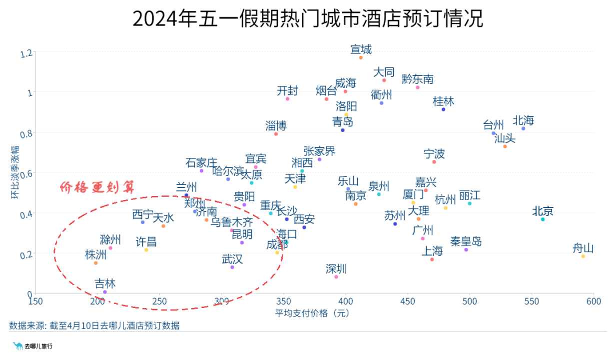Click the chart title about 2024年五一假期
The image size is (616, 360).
pyautogui.click(x=308, y=19)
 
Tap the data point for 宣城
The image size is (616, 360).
pyautogui.click(x=361, y=58)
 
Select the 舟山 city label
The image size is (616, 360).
pyautogui.click(x=583, y=248)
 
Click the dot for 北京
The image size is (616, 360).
pyautogui.click(x=543, y=219)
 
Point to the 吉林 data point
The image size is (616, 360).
pyautogui.click(x=105, y=292)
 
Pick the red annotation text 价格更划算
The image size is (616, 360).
pyautogui.click(x=97, y=187)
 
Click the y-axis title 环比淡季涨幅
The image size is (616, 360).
pyautogui.click(x=15, y=172)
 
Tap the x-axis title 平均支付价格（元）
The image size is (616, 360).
pyautogui.click(x=312, y=313)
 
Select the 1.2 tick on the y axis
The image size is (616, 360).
pyautogui.click(x=26, y=52)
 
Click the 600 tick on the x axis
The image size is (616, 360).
pyautogui.click(x=594, y=301)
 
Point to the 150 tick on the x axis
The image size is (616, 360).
pyautogui.click(x=35, y=301)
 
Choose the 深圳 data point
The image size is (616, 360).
pyautogui.click(x=336, y=276)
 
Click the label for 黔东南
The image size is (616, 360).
pyautogui.click(x=418, y=79)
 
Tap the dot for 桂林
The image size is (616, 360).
pyautogui.click(x=443, y=109)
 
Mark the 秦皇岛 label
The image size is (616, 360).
pyautogui.click(x=466, y=241)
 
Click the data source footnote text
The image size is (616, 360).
pyautogui.click(x=94, y=326)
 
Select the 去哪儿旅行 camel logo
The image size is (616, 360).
pyautogui.click(x=18, y=345)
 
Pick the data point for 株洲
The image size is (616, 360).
pyautogui.click(x=96, y=263)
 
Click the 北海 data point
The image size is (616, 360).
pyautogui.click(x=523, y=128)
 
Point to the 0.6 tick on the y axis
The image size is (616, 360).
pyautogui.click(x=26, y=173)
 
